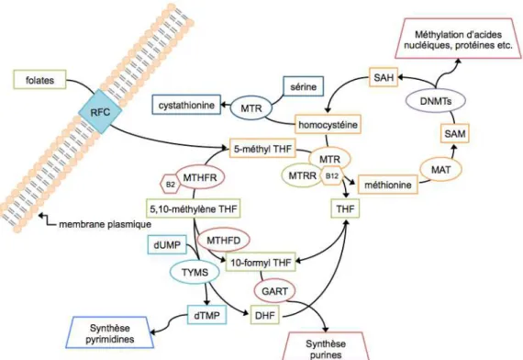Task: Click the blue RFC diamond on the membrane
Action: pyautogui.click(x=100, y=111)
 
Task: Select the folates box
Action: pyautogui.click(x=39, y=80)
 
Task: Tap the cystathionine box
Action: pyautogui.click(x=186, y=105)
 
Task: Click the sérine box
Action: pyautogui.click(x=303, y=86)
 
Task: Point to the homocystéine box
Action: pyautogui.click(x=328, y=124)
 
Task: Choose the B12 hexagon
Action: pyautogui.click(x=331, y=175)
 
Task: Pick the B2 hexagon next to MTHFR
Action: pyautogui.click(x=171, y=184)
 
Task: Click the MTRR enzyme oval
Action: pyautogui.click(x=302, y=175)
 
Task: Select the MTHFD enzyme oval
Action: pyautogui.click(x=224, y=240)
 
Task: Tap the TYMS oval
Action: pyautogui.click(x=195, y=272)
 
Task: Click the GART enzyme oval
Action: pyautogui.click(x=275, y=291)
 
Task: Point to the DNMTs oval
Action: pyautogui.click(x=436, y=100)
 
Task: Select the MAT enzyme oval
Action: pyautogui.click(x=441, y=169)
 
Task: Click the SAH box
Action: pyautogui.click(x=384, y=77)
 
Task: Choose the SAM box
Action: pyautogui.click(x=455, y=133)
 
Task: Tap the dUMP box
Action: pyautogui.click(x=167, y=245)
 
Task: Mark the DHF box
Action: pyautogui.click(x=265, y=315)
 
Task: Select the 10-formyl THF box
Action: pyautogui.click(x=261, y=262)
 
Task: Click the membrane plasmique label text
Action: pyautogui.click(x=106, y=224)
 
